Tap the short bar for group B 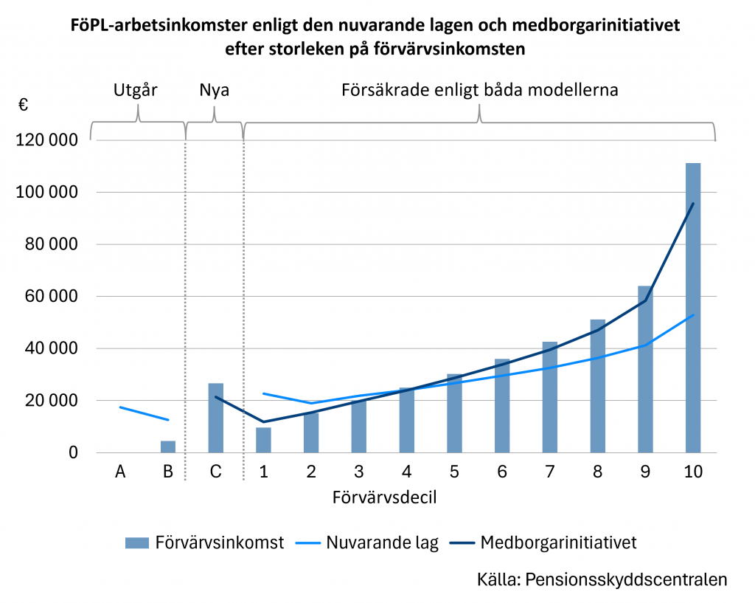pyautogui.click(x=167, y=447)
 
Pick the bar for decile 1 pyautogui.click(x=263, y=440)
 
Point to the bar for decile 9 pyautogui.click(x=645, y=369)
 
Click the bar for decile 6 pyautogui.click(x=502, y=406)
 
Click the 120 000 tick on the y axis pyautogui.click(x=47, y=140)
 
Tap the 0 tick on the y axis pyautogui.click(x=73, y=452)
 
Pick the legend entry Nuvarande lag pyautogui.click(x=383, y=543)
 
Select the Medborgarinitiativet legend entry pyautogui.click(x=558, y=543)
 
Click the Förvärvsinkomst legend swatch pyautogui.click(x=136, y=543)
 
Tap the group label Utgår pyautogui.click(x=136, y=91)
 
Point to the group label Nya pyautogui.click(x=215, y=91)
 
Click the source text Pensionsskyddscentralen pyautogui.click(x=626, y=579)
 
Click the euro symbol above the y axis pyautogui.click(x=24, y=106)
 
